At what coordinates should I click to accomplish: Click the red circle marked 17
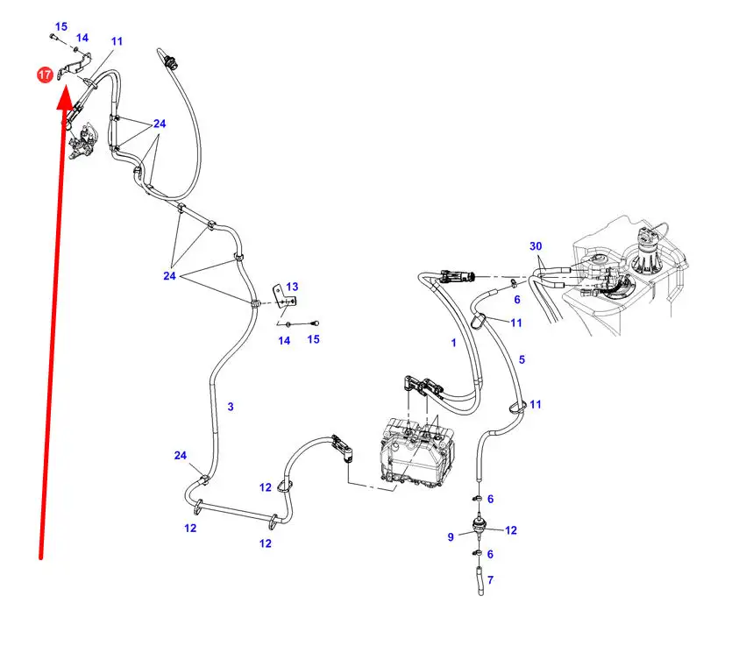pyautogui.click(x=45, y=75)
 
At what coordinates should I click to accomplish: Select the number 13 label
pyautogui.click(x=292, y=287)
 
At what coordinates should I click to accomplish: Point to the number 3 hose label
pyautogui.click(x=231, y=407)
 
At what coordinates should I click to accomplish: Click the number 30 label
pyautogui.click(x=536, y=246)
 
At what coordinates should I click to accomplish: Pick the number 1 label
pyautogui.click(x=453, y=343)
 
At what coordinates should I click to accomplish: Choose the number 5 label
pyautogui.click(x=522, y=359)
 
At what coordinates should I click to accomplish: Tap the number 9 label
pyautogui.click(x=451, y=537)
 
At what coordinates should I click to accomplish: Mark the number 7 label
pyautogui.click(x=490, y=580)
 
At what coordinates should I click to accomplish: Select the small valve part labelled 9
pyautogui.click(x=479, y=527)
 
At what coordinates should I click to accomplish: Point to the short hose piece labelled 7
pyautogui.click(x=480, y=580)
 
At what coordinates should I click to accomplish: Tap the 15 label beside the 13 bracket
pyautogui.click(x=313, y=339)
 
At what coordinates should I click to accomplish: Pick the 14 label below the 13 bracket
pyautogui.click(x=284, y=341)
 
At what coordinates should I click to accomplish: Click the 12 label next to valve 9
pyautogui.click(x=511, y=530)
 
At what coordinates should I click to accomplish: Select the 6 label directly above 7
pyautogui.click(x=490, y=554)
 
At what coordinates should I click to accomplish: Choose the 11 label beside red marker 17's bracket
pyautogui.click(x=117, y=41)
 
